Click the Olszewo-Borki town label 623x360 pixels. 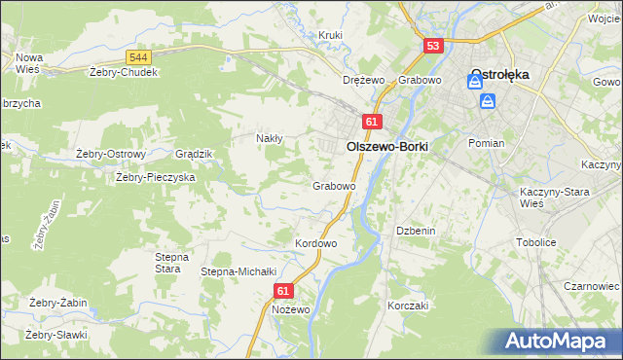387,144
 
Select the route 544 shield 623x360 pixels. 137,58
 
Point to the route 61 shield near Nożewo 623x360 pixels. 283,290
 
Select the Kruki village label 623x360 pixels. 331,36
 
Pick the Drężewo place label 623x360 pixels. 365,80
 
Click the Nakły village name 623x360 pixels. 269,138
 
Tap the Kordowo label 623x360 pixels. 315,243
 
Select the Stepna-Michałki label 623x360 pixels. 239,271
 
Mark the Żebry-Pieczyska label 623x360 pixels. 156,178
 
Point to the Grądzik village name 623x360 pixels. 193,154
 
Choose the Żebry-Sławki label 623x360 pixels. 56,335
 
